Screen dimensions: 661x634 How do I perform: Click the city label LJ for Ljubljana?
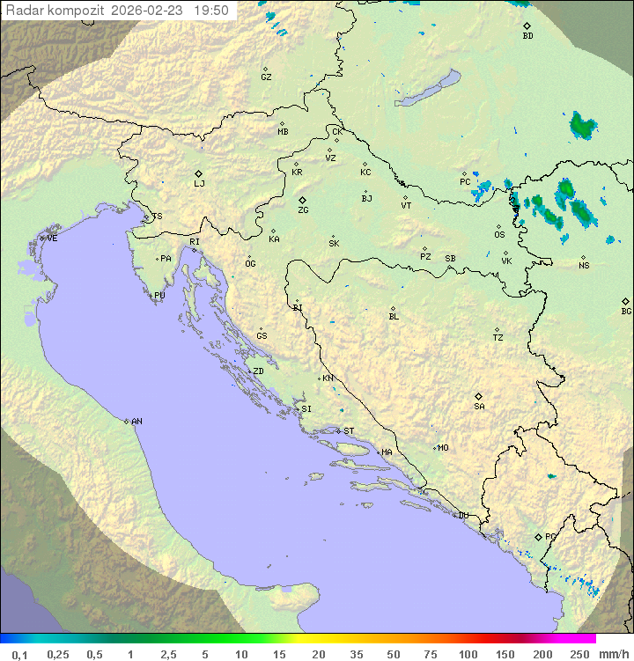click(199, 184)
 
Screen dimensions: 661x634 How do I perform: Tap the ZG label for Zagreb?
click(303, 210)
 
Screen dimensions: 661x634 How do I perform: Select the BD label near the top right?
click(527, 36)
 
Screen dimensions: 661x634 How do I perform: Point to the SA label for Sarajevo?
click(479, 407)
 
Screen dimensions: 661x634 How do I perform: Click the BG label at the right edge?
click(626, 311)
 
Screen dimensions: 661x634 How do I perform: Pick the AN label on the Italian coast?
click(136, 422)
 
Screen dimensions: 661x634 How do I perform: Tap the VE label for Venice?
click(52, 239)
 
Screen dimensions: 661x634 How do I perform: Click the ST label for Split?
click(349, 431)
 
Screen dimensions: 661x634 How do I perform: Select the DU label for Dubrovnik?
click(462, 516)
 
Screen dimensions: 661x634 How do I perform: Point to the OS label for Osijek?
click(499, 235)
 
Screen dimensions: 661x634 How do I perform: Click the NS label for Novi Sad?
click(584, 266)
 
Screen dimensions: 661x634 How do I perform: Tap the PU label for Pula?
click(159, 296)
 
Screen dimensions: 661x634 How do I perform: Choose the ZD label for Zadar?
click(258, 371)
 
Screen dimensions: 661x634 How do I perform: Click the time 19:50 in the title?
click(211, 11)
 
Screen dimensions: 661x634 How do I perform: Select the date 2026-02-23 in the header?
click(150, 11)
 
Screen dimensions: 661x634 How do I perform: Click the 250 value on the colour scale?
click(579, 654)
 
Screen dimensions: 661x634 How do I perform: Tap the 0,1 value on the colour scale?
click(19, 654)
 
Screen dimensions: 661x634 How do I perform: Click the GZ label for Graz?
click(266, 77)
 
